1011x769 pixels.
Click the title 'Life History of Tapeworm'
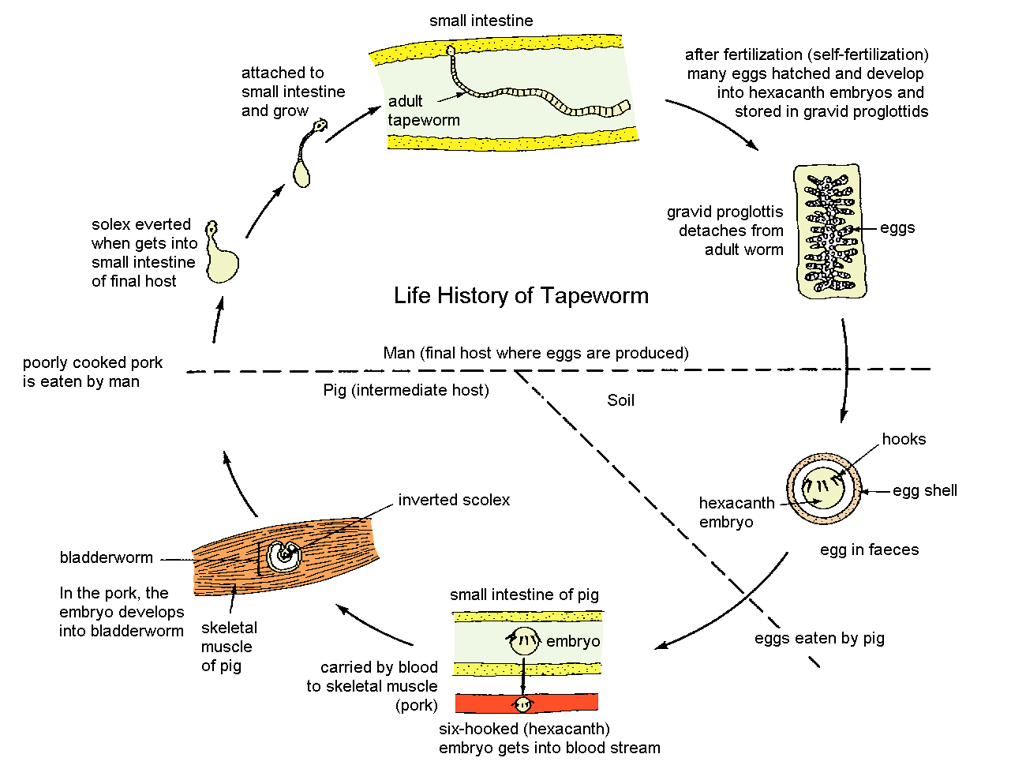tap(521, 296)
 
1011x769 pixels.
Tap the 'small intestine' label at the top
tap(481, 21)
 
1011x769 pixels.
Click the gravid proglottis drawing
tap(828, 231)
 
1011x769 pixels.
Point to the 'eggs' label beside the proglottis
tap(897, 228)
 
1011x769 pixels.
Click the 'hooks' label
tap(904, 439)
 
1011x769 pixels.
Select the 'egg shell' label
tap(924, 490)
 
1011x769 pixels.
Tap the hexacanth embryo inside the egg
tap(821, 490)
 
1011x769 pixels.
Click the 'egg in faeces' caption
tap(869, 550)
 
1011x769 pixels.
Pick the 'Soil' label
tap(620, 400)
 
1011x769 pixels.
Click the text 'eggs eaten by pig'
tap(819, 638)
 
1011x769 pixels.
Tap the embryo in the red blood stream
tap(522, 703)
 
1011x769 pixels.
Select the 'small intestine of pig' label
tap(524, 595)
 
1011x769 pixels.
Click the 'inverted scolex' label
tap(454, 500)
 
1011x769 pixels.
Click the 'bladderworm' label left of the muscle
tap(107, 557)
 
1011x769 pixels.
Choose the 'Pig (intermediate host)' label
tap(406, 390)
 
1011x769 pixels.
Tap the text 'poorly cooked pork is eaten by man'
tap(92, 372)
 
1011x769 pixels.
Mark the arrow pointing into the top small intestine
tap(352, 125)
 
